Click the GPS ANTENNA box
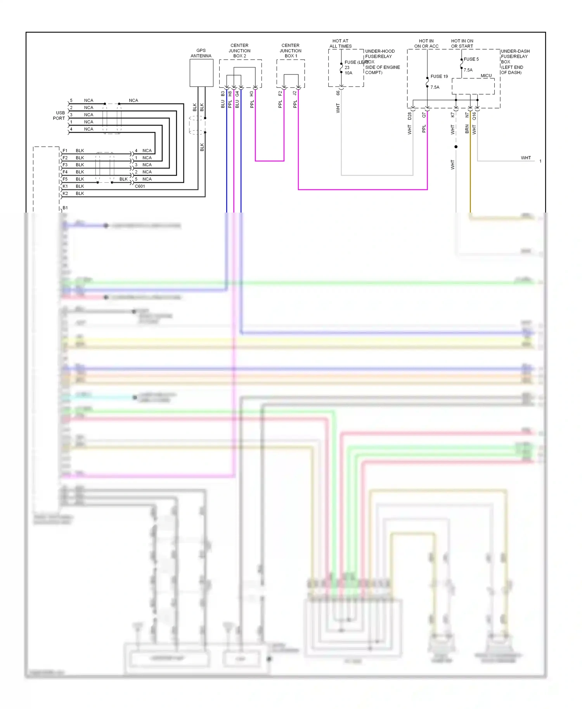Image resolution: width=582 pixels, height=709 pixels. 201,73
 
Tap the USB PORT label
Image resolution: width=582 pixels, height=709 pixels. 59,116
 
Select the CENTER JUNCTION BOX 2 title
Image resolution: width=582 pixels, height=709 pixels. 239,51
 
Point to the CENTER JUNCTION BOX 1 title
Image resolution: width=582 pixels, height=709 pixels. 290,51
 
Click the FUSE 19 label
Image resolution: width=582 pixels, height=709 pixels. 439,76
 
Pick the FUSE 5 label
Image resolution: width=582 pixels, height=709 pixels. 471,59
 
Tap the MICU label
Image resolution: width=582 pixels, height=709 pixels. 486,76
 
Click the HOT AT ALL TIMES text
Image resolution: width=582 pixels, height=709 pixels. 340,43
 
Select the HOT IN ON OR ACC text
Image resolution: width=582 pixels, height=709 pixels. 426,43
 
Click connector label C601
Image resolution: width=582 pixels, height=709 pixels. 140,186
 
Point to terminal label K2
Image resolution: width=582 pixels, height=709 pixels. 65,194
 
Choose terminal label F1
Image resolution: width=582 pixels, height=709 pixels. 65,150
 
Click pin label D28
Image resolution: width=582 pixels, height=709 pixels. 409,116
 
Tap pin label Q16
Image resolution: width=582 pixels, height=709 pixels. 474,116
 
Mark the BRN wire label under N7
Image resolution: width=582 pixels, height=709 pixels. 467,129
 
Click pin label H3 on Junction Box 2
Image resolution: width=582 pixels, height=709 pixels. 251,94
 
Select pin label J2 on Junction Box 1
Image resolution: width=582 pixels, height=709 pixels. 294,93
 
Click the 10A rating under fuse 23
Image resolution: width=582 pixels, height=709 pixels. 348,73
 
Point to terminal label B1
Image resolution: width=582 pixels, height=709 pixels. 65,208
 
